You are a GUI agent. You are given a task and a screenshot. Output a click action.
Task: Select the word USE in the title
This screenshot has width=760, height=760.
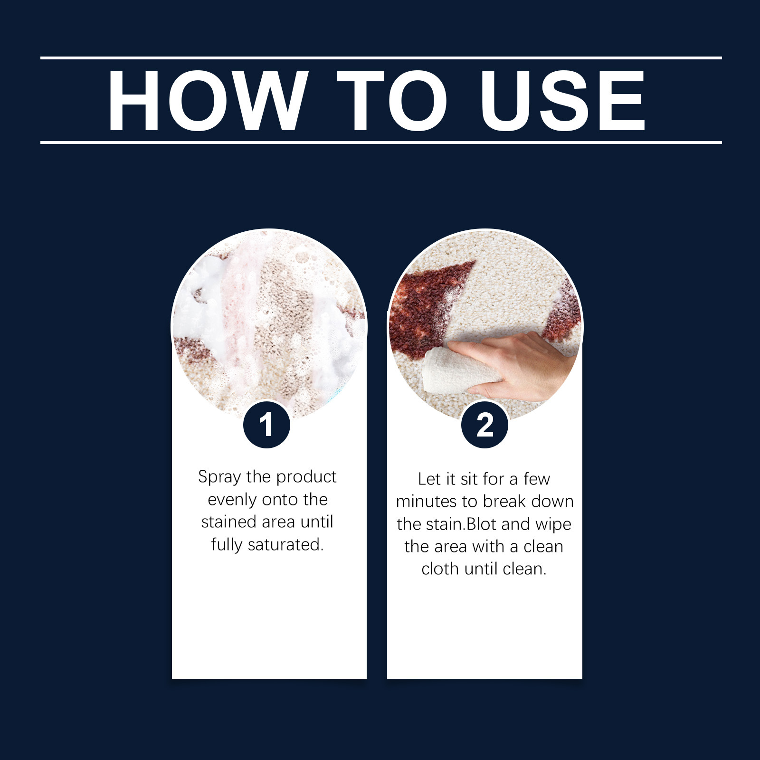pyautogui.click(x=563, y=100)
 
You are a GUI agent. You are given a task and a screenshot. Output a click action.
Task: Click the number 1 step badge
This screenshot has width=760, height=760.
pyautogui.click(x=266, y=424)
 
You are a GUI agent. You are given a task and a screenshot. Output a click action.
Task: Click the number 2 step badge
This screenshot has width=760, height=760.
pyautogui.click(x=485, y=424)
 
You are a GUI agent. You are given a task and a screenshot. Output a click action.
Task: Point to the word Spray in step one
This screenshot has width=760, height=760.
pyautogui.click(x=219, y=477)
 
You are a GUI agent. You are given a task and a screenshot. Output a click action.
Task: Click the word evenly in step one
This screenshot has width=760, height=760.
pyautogui.click(x=232, y=500)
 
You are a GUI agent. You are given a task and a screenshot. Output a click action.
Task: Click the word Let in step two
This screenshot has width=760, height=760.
pyautogui.click(x=430, y=479)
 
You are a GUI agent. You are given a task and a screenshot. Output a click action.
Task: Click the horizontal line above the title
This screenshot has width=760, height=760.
pyautogui.click(x=381, y=58)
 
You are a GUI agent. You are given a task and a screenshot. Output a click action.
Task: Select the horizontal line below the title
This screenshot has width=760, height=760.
pyautogui.click(x=381, y=142)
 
